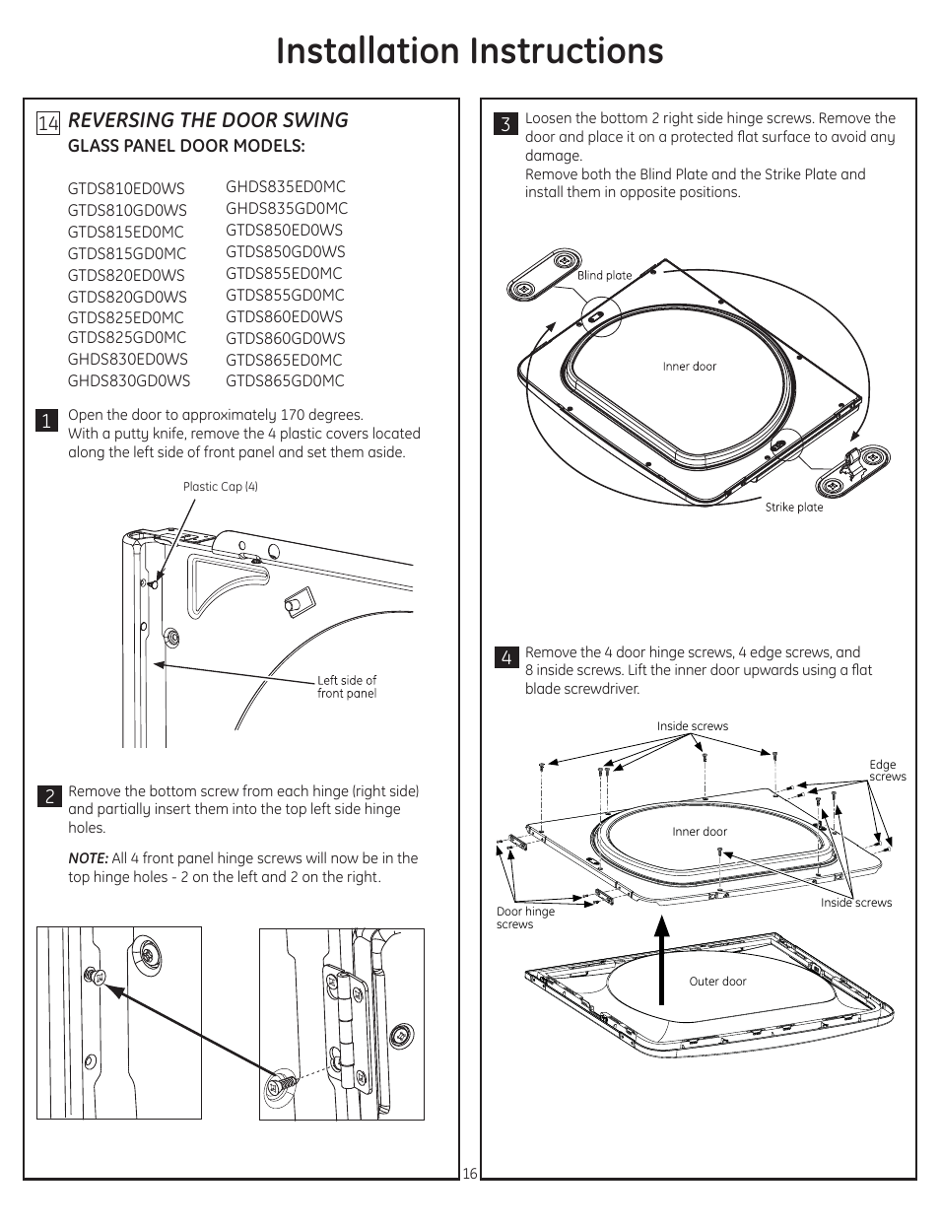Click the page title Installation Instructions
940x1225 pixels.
(469, 51)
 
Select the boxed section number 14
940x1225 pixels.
(48, 122)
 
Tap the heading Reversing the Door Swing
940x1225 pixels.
(208, 120)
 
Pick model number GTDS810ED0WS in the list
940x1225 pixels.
(126, 188)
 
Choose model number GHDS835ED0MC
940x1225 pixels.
(286, 186)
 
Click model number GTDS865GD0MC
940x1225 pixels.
(285, 381)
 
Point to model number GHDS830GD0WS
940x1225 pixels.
(129, 380)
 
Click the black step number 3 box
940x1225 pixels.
(504, 123)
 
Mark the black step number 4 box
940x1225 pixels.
(504, 657)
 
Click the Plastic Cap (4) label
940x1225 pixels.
(220, 487)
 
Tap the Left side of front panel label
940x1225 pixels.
(346, 687)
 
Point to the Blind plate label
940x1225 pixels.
(604, 276)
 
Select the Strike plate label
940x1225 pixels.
(793, 508)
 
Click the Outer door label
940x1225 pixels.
(717, 982)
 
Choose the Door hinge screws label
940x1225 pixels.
(524, 918)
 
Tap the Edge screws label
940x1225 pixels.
(887, 771)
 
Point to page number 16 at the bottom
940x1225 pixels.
(469, 1173)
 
